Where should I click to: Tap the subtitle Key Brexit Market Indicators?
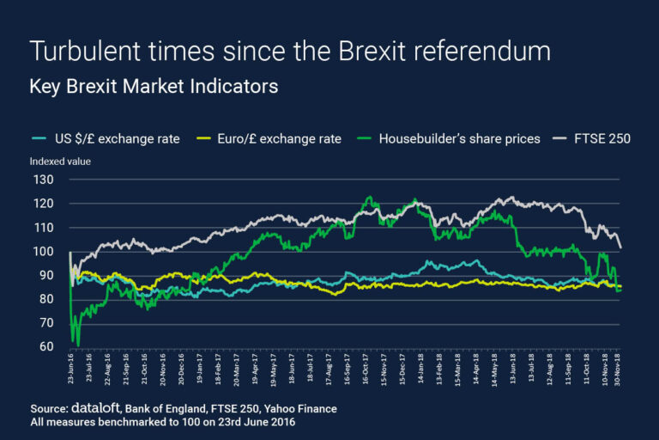coord(154,88)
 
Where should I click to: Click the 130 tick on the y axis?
coord(42,180)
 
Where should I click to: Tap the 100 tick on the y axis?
coord(42,252)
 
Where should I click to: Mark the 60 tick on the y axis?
coord(45,346)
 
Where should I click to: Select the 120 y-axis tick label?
coord(42,204)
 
